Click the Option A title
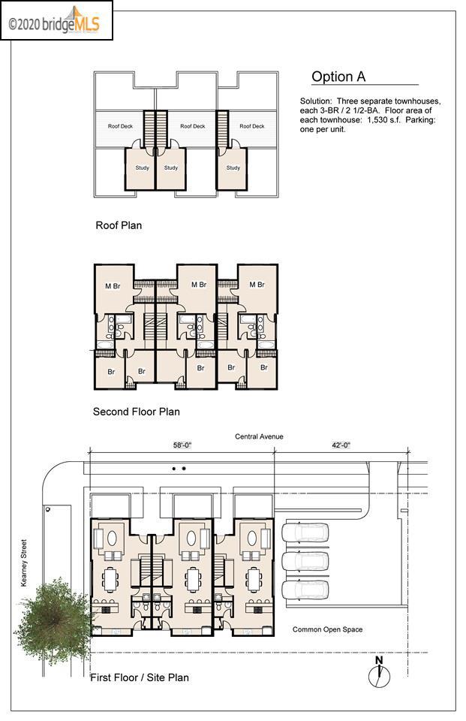(x=338, y=77)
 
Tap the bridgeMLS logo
(x=56, y=21)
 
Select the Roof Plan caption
(x=119, y=225)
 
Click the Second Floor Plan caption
(x=136, y=412)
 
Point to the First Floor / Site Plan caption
(x=140, y=677)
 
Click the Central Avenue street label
(x=259, y=436)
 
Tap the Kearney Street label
(x=24, y=563)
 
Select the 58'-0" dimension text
(x=182, y=445)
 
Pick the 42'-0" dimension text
(x=341, y=445)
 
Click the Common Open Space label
(x=327, y=629)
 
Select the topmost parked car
(x=305, y=532)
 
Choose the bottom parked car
(x=305, y=590)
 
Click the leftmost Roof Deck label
(x=120, y=126)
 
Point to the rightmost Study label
(x=233, y=167)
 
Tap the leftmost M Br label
(x=113, y=286)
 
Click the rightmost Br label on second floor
(x=264, y=368)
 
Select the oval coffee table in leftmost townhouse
(x=112, y=538)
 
